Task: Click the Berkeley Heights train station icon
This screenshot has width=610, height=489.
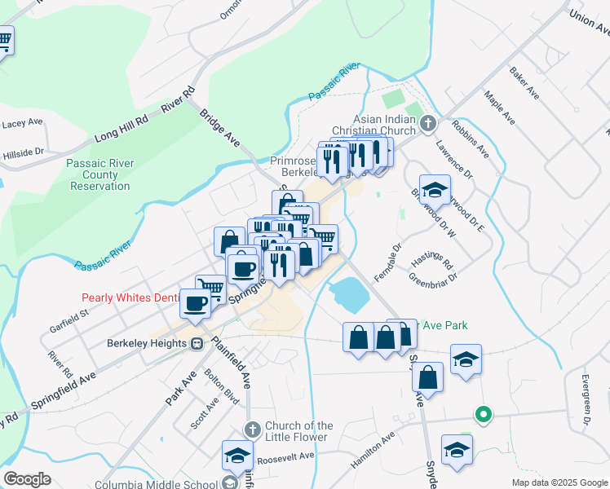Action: point(197,343)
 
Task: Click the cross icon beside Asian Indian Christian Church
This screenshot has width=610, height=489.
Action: point(430,125)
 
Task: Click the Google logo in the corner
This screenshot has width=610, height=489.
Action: point(27,479)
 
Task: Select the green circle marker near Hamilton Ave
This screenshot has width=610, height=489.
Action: point(483,415)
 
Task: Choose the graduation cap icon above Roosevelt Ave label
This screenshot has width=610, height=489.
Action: point(237,456)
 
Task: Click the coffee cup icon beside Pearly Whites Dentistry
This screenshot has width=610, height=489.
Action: point(195,303)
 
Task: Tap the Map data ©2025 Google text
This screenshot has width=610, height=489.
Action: point(559,482)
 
